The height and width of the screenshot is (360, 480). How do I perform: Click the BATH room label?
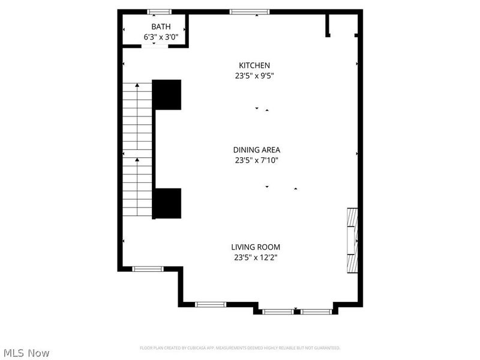coord(160,26)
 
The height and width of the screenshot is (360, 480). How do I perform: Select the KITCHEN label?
coord(254,65)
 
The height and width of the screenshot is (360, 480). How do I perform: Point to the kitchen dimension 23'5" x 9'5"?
coord(254,76)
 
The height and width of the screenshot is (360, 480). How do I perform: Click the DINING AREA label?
coord(257,150)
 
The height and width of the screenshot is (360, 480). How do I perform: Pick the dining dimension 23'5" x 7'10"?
coord(257,160)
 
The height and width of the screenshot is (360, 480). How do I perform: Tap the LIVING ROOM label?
coord(256,247)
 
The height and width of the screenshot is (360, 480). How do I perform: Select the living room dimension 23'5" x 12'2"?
coord(256,257)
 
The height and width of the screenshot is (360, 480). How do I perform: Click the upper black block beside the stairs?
coord(167,94)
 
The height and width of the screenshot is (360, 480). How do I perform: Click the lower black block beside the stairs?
coord(167,203)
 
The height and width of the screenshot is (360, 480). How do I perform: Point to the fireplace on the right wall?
coord(353,241)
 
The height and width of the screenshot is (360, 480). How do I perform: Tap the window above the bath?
coord(160,11)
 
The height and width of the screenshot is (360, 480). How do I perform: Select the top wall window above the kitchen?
coord(250,11)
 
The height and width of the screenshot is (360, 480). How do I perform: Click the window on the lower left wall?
coord(148,269)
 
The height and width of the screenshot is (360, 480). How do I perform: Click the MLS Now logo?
coord(26,353)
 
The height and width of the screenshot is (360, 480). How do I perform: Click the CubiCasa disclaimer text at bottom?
coord(240,348)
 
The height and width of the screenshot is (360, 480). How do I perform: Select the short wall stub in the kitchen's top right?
coord(328,25)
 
